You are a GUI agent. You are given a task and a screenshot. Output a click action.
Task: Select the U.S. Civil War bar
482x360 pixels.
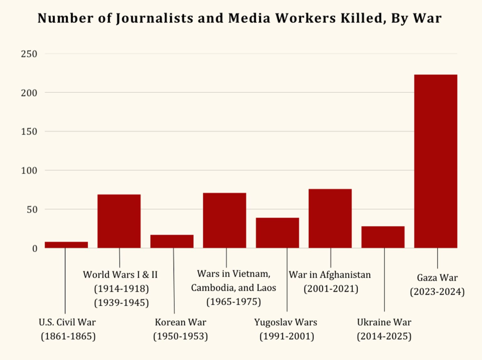[x=66, y=245]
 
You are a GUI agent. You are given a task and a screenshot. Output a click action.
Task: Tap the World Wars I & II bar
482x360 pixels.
[x=119, y=221]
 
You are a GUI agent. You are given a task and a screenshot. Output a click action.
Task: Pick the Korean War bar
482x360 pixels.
[x=172, y=241]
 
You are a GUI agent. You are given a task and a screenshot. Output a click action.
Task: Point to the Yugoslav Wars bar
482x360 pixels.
[x=277, y=233]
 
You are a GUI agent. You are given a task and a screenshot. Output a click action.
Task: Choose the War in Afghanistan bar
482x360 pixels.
[x=330, y=218]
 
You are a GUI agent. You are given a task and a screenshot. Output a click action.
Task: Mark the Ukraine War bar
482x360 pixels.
[x=383, y=237]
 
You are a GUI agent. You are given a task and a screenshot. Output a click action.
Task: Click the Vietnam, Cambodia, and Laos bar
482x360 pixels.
[x=225, y=220]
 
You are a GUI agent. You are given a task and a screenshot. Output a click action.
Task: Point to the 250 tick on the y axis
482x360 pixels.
[x=29, y=54]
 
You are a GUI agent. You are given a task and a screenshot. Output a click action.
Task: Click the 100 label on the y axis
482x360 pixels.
[x=29, y=170]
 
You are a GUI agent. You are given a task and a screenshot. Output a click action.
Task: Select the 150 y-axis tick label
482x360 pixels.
[x=29, y=131]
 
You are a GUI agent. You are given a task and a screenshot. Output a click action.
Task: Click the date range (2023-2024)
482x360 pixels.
[x=437, y=292]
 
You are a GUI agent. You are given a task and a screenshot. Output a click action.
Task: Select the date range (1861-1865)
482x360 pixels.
[x=68, y=336]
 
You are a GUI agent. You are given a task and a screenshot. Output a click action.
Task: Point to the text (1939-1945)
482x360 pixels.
[x=121, y=302]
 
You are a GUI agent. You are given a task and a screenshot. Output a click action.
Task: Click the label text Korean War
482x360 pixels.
[x=180, y=322]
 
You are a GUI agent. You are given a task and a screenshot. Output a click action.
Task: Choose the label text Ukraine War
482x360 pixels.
[x=384, y=322]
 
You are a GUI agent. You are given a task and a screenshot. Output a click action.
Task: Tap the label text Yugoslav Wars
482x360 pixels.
[x=286, y=322]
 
